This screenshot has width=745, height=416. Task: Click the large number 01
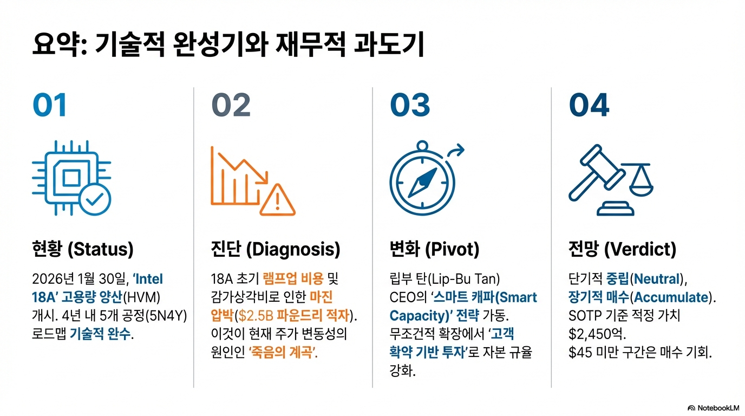pyautogui.click(x=50, y=106)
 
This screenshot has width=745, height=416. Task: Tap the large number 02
pyautogui.click(x=231, y=106)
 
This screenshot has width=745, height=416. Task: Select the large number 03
pyautogui.click(x=410, y=106)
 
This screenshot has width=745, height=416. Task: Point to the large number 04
pyautogui.click(x=589, y=106)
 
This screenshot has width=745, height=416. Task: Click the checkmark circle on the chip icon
pyautogui.click(x=95, y=199)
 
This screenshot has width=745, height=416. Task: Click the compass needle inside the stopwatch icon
pyautogui.click(x=422, y=181)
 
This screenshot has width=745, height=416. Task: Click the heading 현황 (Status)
pyautogui.click(x=82, y=250)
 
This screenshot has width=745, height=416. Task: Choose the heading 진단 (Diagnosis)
pyautogui.click(x=275, y=250)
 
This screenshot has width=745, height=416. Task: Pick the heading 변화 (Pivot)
pyautogui.click(x=435, y=250)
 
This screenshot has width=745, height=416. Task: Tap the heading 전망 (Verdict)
pyautogui.click(x=622, y=250)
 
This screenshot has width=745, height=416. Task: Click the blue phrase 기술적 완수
pyautogui.click(x=101, y=334)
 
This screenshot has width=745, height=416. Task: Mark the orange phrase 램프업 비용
pyautogui.click(x=293, y=279)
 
